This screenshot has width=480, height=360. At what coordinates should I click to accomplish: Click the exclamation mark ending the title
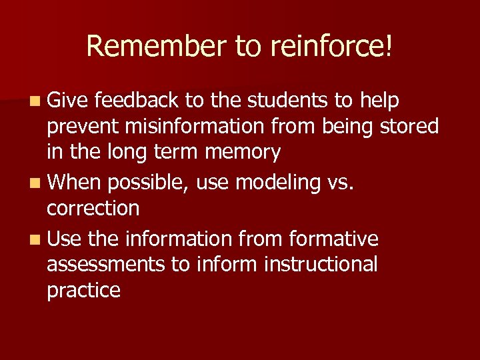coord(389,46)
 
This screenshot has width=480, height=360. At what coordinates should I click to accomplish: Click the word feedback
coord(137,100)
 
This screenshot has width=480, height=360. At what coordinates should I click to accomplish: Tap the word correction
coord(93,208)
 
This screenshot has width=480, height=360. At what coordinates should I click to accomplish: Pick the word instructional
coord(321,264)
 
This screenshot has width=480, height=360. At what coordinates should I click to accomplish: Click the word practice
coord(83,291)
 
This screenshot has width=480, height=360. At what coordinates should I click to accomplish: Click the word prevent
coord(85,126)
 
